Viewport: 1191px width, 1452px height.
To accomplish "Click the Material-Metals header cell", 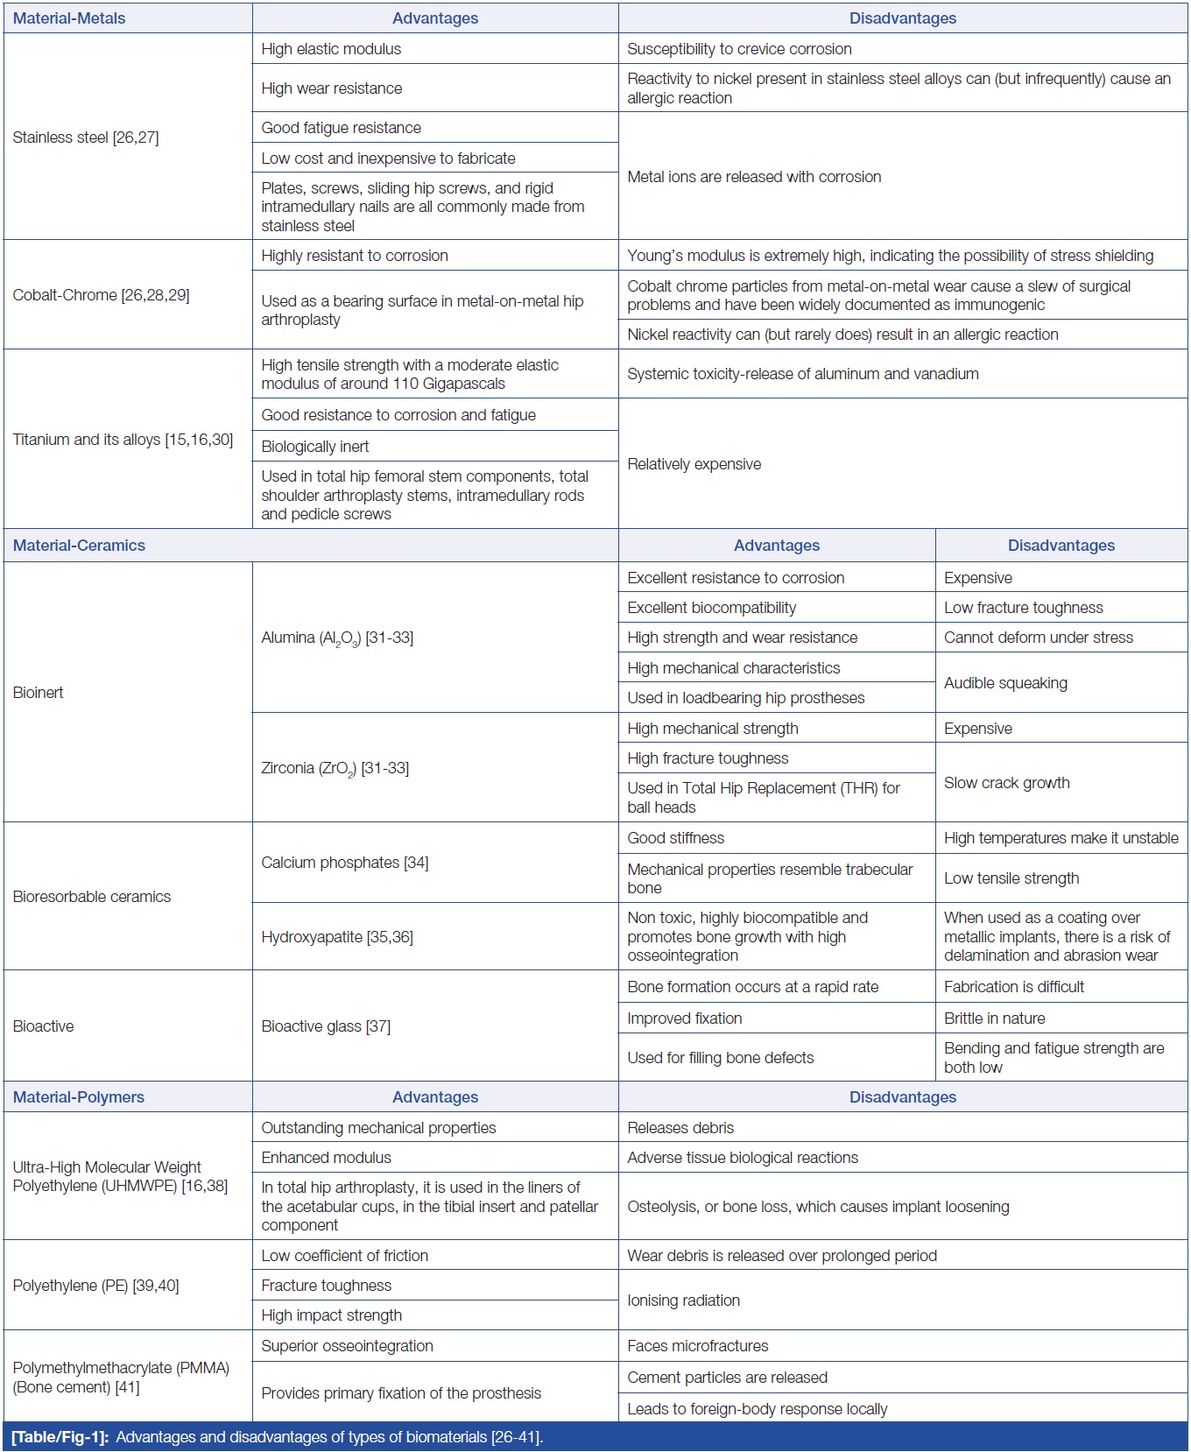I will click(x=69, y=18).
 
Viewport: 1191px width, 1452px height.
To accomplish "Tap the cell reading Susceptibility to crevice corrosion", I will click(x=739, y=49).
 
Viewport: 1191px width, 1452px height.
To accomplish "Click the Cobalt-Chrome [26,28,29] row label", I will click(x=101, y=295).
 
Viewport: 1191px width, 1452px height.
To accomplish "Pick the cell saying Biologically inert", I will click(x=315, y=447).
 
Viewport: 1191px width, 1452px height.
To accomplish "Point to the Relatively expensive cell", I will click(x=694, y=464).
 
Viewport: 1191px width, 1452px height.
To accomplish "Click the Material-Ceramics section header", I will click(x=79, y=546).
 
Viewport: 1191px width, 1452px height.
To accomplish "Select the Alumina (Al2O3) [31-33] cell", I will click(x=337, y=638).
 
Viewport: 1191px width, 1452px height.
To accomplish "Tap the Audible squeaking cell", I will click(x=1005, y=683).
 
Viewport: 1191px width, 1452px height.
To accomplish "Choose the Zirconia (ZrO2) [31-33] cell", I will click(x=335, y=768).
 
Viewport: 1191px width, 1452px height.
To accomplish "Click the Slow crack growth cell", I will click(x=1006, y=783).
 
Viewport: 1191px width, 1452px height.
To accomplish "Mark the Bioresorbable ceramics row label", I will click(x=92, y=897).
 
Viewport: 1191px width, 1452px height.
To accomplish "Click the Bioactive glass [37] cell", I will click(x=326, y=1026).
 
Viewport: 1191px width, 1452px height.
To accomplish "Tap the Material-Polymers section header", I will click(x=79, y=1097).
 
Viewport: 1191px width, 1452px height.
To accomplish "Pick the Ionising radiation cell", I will click(x=683, y=1300).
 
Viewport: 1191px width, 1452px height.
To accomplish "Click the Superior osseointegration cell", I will click(x=347, y=1346).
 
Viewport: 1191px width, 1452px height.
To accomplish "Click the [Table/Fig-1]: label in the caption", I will click(x=60, y=1437).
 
